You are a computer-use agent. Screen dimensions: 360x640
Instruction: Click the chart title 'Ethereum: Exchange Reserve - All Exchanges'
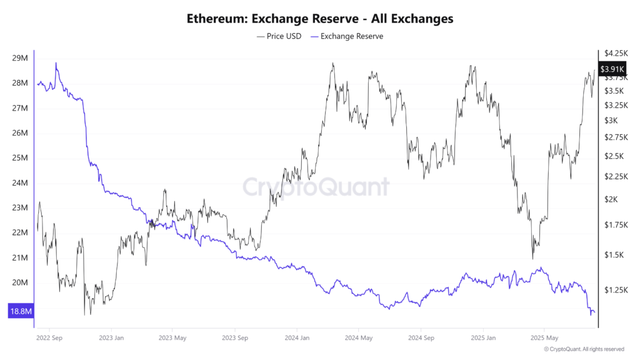pyautogui.click(x=320, y=19)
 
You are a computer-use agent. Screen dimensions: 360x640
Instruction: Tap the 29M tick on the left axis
pyautogui.click(x=20, y=58)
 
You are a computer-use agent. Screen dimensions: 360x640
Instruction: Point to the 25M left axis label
pyautogui.click(x=20, y=158)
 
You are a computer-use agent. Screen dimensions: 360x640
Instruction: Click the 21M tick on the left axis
pyautogui.click(x=20, y=257)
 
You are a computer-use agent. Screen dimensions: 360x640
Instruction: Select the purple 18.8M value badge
pyautogui.click(x=20, y=311)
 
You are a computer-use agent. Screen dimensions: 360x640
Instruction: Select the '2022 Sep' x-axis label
pyautogui.click(x=49, y=338)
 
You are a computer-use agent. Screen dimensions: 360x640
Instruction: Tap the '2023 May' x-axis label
pyautogui.click(x=172, y=338)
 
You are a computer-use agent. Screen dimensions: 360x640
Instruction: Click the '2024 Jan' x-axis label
pyautogui.click(x=296, y=338)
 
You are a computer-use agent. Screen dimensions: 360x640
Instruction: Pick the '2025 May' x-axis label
pyautogui.click(x=544, y=338)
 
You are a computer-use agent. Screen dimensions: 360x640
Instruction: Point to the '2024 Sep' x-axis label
pyautogui.click(x=420, y=338)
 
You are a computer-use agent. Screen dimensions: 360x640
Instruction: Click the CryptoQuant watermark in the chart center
pyautogui.click(x=316, y=187)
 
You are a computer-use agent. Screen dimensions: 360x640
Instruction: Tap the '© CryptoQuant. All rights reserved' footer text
pyautogui.click(x=584, y=349)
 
